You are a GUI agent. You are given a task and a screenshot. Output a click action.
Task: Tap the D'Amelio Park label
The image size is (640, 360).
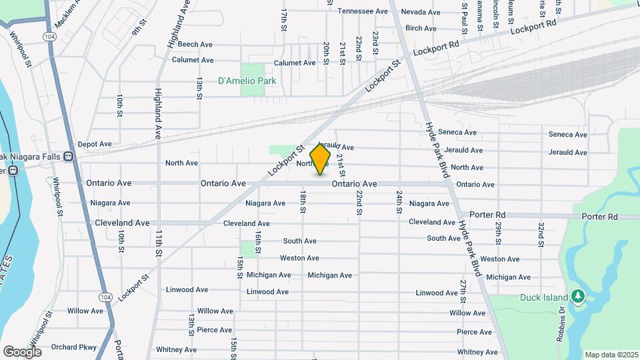(x=247, y=81)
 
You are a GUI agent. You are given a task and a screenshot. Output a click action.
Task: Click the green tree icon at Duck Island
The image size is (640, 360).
(x=579, y=295)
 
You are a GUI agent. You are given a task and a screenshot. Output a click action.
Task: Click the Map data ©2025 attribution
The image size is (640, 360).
(x=611, y=355)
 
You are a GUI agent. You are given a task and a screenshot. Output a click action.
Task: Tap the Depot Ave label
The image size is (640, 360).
(x=95, y=144)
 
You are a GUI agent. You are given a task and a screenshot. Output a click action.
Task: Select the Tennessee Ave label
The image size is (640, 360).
(x=363, y=11)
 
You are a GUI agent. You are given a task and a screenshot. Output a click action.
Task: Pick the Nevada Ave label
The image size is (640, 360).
(x=421, y=12)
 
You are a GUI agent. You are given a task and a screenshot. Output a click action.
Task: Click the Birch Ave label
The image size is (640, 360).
(x=421, y=28)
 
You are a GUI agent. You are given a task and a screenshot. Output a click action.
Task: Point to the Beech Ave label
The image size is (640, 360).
(x=195, y=45)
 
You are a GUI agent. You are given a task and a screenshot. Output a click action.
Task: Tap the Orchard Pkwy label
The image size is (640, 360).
(x=73, y=347)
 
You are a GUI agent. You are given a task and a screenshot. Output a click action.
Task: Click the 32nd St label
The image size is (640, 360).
(x=541, y=233)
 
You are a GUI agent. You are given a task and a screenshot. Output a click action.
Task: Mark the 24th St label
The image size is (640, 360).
(x=399, y=200)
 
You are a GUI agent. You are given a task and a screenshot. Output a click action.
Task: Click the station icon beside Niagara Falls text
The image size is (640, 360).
(x=68, y=157)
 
